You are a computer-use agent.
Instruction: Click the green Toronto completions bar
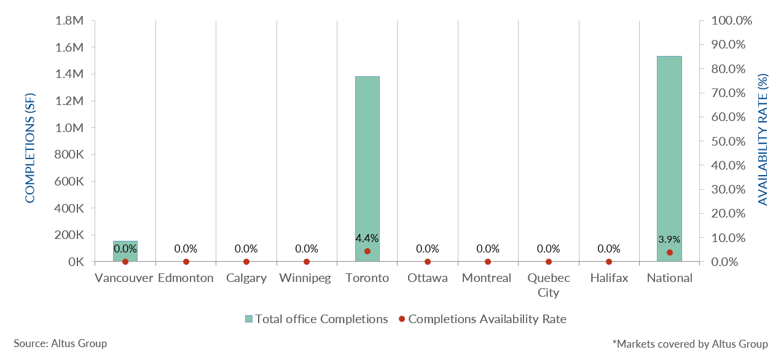coord(367,166)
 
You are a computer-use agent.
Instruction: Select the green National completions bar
coord(669,154)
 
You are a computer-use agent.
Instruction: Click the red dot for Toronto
coord(367,251)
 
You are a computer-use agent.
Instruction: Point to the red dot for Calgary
coord(246,262)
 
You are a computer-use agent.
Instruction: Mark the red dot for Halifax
coord(609,262)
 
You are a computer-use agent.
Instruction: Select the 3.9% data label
coord(669,240)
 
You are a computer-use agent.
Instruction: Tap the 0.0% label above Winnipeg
coord(307,249)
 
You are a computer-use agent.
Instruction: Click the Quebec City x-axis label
coord(548,285)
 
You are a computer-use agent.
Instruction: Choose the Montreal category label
coord(487,278)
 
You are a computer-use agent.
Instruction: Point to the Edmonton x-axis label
coord(186,278)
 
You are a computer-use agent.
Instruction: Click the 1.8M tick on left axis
coord(69,21)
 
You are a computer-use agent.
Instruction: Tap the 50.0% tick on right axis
coord(732,141)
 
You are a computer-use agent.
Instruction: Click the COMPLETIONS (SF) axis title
coord(30,147)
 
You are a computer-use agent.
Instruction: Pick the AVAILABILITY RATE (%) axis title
coord(763,140)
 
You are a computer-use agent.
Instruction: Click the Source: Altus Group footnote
coord(60,343)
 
